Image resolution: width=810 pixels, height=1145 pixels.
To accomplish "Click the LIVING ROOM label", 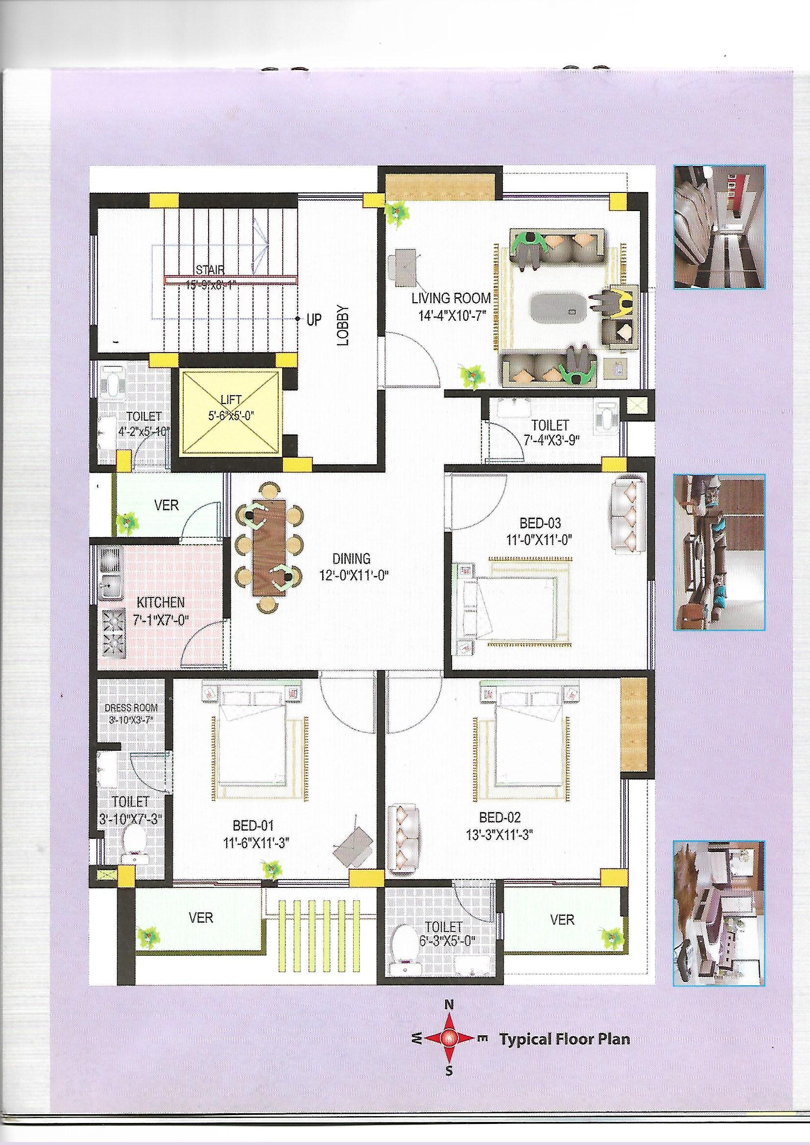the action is [451, 299].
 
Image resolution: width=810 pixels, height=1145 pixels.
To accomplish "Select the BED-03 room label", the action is [540, 523].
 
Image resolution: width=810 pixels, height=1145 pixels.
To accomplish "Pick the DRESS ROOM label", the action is [131, 708].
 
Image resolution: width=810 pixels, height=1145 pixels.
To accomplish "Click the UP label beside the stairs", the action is [314, 319].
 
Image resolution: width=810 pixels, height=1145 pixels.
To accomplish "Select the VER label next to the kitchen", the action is [167, 505].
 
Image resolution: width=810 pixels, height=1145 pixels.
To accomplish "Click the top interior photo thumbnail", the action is [719, 227].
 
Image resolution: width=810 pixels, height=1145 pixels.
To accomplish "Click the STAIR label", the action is [210, 270].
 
